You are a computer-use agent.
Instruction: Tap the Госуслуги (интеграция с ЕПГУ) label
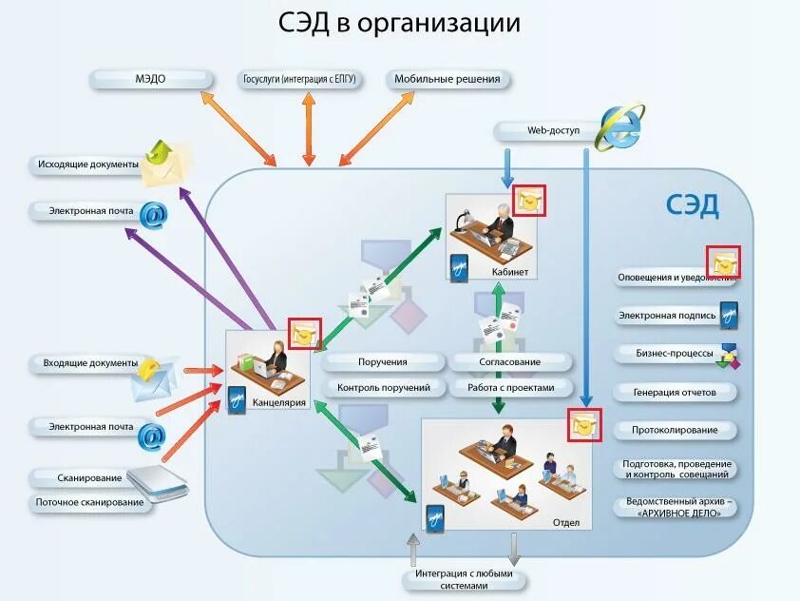tap(300, 79)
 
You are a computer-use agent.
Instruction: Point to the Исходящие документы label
tap(88, 165)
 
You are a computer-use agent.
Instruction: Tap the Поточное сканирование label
tap(90, 502)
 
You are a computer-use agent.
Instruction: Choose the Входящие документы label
tap(88, 363)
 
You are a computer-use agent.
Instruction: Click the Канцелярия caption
tap(279, 402)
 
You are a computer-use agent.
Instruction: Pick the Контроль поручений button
tap(383, 388)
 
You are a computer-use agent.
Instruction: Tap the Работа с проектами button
tap(510, 388)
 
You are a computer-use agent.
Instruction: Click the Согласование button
tap(510, 362)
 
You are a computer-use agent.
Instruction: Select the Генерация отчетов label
tap(675, 392)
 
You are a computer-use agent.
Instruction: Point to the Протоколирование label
tap(675, 430)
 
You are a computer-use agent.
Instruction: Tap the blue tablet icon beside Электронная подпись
tap(729, 314)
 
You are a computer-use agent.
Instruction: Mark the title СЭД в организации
tap(399, 24)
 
